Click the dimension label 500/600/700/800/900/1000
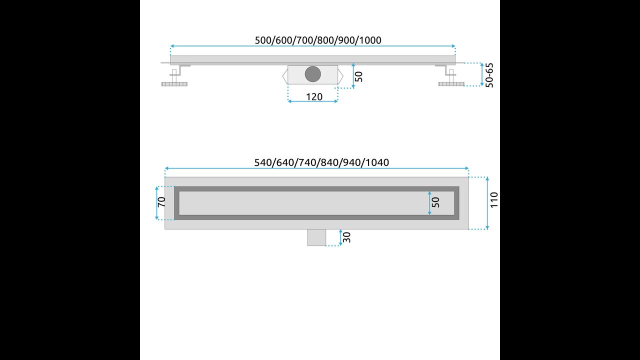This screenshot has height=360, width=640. pos(318,40)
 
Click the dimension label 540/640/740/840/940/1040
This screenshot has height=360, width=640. pos(321,162)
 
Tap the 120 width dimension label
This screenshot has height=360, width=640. pos(314,97)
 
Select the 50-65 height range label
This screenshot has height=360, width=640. pos(489,75)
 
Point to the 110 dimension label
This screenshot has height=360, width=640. pos(494,200)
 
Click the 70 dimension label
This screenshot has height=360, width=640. pos(161,202)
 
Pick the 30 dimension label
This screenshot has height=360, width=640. pos(346,237)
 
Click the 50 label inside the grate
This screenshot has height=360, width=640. pos(435,202)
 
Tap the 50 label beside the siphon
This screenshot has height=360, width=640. pos(358,76)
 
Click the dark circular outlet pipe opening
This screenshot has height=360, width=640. pos(313,74)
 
